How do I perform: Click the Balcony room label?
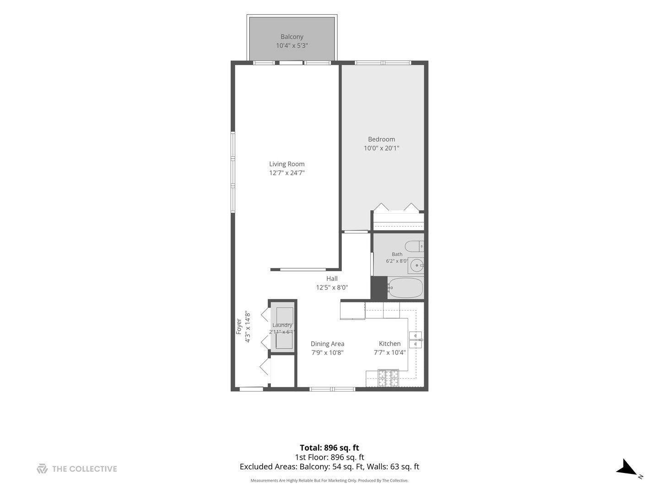click(x=292, y=37)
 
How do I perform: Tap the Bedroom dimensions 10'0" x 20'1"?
click(x=381, y=148)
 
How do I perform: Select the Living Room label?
click(x=287, y=164)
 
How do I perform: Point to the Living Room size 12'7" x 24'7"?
click(x=287, y=173)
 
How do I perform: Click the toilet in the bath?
click(x=414, y=247)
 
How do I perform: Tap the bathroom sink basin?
click(x=417, y=265)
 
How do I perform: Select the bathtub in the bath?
click(x=405, y=288)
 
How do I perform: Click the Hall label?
click(x=332, y=279)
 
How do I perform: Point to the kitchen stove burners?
click(x=388, y=378)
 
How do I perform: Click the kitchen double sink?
click(x=416, y=340)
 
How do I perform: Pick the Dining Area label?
click(x=327, y=344)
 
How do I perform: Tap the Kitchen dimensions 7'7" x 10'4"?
click(x=390, y=353)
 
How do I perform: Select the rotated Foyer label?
click(x=239, y=327)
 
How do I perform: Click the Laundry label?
click(x=282, y=325)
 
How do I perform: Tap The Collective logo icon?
click(x=43, y=469)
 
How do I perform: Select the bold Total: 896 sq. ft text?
click(x=329, y=448)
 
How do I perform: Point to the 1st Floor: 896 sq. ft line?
click(x=329, y=457)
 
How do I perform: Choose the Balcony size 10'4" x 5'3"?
click(x=292, y=46)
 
